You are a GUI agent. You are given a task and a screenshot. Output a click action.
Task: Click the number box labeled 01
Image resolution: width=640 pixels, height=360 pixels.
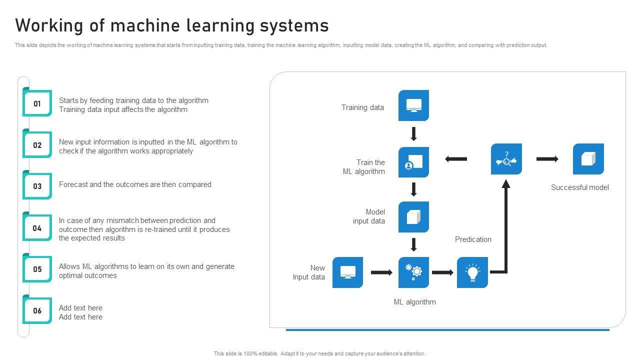pyautogui.click(x=37, y=103)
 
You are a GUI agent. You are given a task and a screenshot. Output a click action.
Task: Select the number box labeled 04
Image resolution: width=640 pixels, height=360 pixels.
pyautogui.click(x=37, y=228)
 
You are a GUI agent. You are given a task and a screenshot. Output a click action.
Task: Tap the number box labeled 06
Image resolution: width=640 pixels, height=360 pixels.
pyautogui.click(x=37, y=310)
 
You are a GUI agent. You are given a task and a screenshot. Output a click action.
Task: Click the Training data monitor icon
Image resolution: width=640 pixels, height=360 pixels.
pyautogui.click(x=413, y=105)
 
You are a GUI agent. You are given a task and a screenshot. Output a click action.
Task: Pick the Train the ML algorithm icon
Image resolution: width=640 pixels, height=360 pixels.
pyautogui.click(x=413, y=162)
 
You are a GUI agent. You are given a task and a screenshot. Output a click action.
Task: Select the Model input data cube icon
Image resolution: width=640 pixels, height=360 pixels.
pyautogui.click(x=413, y=217)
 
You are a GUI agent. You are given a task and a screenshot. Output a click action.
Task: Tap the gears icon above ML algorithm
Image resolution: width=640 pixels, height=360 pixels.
pyautogui.click(x=413, y=272)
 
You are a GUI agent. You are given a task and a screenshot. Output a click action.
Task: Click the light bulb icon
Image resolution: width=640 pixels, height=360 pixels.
pyautogui.click(x=472, y=272)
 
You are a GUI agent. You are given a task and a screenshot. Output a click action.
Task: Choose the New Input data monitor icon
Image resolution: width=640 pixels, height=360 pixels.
pyautogui.click(x=347, y=272)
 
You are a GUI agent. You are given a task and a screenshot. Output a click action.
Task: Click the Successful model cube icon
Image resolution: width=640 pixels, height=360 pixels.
pyautogui.click(x=588, y=159)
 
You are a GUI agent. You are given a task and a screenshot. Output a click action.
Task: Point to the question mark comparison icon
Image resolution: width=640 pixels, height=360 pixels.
pyautogui.click(x=506, y=159)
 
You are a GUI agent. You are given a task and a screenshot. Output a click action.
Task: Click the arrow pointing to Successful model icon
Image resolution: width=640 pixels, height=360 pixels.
pyautogui.click(x=547, y=159)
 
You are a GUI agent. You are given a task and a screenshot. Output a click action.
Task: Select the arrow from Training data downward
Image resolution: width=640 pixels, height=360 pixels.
pyautogui.click(x=413, y=134)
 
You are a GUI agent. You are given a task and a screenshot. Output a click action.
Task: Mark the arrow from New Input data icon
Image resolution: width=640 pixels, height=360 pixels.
pyautogui.click(x=381, y=272)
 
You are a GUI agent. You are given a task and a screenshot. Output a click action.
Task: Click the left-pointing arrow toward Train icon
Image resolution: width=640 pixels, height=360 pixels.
pyautogui.click(x=455, y=159)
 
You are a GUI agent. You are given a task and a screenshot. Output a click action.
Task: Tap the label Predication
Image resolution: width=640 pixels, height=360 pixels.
pyautogui.click(x=473, y=239)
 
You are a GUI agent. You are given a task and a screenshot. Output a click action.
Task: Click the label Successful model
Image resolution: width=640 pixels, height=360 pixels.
pyautogui.click(x=579, y=187)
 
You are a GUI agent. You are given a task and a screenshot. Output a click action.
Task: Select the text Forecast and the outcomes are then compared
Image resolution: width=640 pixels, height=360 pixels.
pyautogui.click(x=135, y=184)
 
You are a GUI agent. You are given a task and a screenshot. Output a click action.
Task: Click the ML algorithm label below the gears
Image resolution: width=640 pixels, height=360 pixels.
pyautogui.click(x=414, y=302)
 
